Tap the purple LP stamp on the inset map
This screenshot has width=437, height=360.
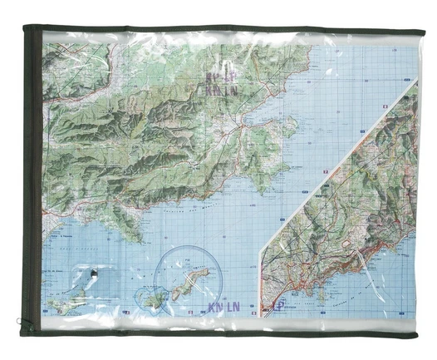click(278, 306)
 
